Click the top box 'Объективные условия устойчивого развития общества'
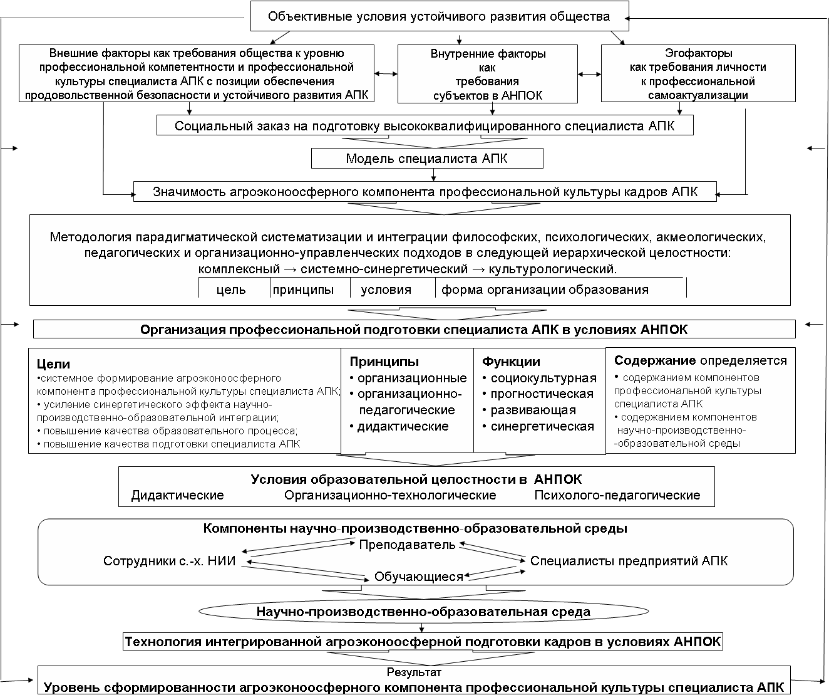click(438, 16)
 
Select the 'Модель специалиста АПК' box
click(427, 159)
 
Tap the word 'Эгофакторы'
click(698, 54)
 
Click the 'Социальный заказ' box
click(425, 126)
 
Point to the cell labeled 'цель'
click(231, 290)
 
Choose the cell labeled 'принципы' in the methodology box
click(303, 290)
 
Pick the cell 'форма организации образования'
click(545, 290)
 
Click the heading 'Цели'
click(53, 364)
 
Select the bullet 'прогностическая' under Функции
click(542, 394)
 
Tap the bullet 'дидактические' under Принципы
click(403, 427)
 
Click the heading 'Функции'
click(511, 362)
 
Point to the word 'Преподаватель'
click(407, 545)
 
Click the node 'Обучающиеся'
click(418, 577)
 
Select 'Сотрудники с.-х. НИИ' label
click(169, 561)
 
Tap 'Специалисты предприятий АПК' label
click(629, 561)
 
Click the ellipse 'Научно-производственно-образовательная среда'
click(423, 612)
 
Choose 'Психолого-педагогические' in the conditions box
click(617, 495)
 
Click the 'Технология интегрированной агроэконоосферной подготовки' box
click(423, 642)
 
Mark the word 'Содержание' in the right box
click(655, 360)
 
